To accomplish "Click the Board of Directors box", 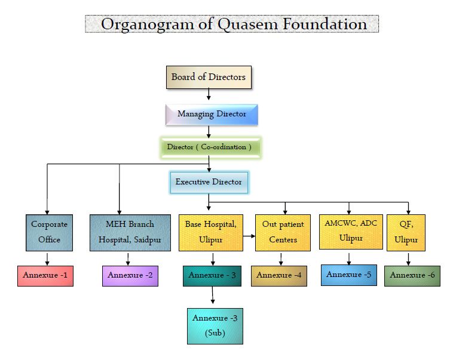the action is [209, 77].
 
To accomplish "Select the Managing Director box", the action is [212, 115].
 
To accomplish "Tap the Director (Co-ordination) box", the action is [210, 147].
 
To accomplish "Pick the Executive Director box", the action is [209, 182].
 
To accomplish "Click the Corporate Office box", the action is [49, 233].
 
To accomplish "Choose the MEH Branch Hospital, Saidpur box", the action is [130, 233].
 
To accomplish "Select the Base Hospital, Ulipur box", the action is [210, 233].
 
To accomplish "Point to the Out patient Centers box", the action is [283, 233].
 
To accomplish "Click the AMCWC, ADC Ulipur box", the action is [351, 232].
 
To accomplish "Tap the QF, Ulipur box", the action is [406, 233].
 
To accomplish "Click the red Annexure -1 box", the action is [45, 276].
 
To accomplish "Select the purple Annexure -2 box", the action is [130, 276].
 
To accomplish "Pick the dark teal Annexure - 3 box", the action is [212, 276].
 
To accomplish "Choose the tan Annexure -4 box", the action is [278, 276].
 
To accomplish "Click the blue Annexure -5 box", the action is [348, 275].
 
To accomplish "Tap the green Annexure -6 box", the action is [412, 276].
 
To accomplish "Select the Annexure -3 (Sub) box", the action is [215, 326].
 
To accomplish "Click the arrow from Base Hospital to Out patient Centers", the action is [249, 236].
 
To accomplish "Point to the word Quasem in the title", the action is [248, 24].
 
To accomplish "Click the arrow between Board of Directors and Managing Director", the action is [209, 94].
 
